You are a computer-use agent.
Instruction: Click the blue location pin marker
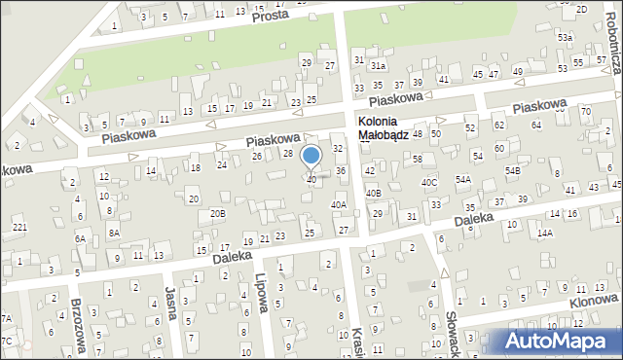[x=311, y=157]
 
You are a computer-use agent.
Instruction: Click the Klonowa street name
[x=597, y=304]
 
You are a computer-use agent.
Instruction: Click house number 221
[x=19, y=228]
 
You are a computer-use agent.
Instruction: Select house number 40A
[x=338, y=204]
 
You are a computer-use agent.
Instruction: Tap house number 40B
[x=374, y=193]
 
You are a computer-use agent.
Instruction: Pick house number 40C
[x=429, y=182]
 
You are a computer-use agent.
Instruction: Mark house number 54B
[x=512, y=171]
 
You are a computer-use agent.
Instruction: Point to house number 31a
[x=378, y=65]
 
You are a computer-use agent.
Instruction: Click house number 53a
[x=565, y=37]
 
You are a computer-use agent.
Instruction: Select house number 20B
[x=218, y=212]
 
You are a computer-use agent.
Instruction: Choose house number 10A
[x=102, y=194]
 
